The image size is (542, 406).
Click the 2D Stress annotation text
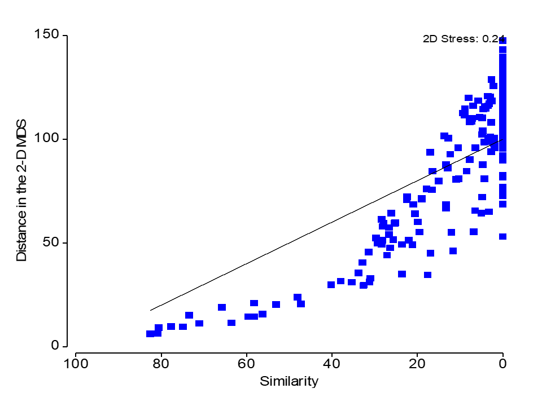464,39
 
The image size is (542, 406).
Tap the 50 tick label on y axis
52,242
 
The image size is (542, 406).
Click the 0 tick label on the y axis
55,346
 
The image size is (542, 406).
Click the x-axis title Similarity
289,382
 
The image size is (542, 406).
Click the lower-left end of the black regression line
151,310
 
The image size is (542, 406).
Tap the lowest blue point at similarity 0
502,237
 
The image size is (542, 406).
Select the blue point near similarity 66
222,307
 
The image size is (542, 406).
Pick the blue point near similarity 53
276,304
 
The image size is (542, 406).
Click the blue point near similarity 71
199,323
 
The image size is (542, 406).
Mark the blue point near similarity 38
340,281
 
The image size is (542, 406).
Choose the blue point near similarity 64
231,323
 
